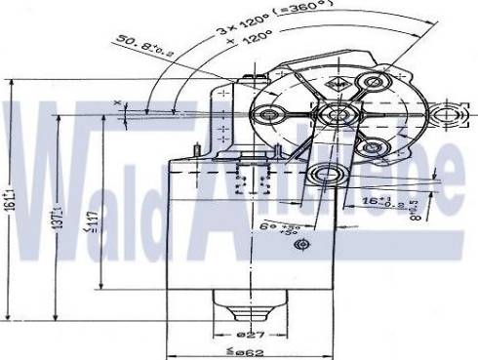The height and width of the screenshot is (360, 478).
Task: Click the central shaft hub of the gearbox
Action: point(337,116)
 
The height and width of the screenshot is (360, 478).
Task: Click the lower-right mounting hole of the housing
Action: point(370,148)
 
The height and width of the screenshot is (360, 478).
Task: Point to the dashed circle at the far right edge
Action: point(453,117)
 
